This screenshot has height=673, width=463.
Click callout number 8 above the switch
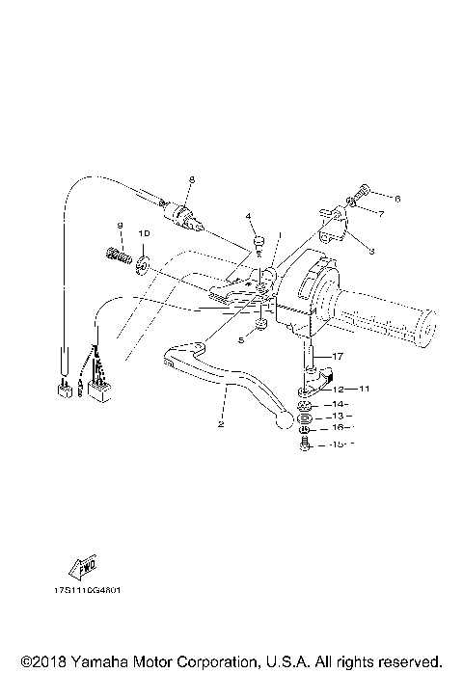191,180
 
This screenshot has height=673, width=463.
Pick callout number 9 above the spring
120,226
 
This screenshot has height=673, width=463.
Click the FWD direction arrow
84,567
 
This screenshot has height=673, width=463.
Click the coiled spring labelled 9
117,256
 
